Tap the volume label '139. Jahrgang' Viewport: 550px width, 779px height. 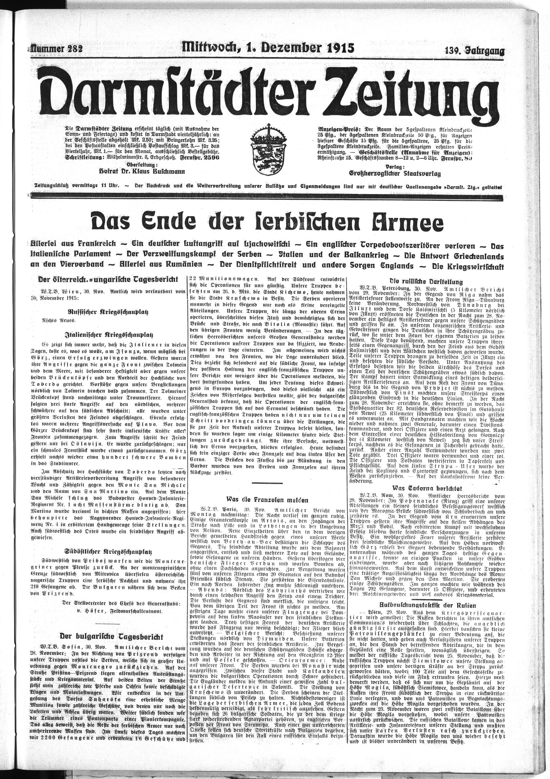pyautogui.click(x=474, y=51)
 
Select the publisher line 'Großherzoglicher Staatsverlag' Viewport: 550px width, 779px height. pyautogui.click(x=395, y=173)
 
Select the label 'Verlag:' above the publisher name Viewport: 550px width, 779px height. pyautogui.click(x=395, y=167)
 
